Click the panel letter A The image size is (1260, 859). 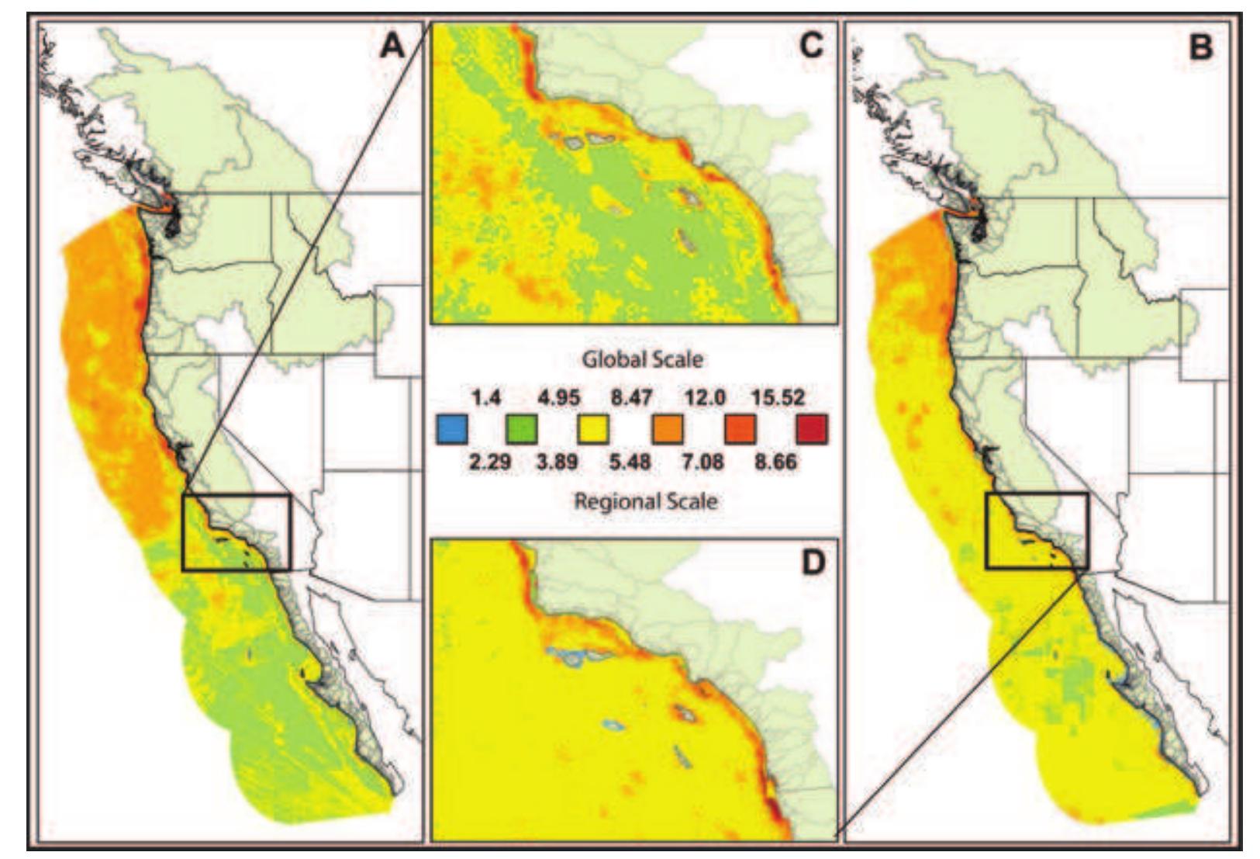click(x=392, y=47)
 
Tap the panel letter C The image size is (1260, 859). click(x=810, y=47)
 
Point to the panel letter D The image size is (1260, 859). click(x=811, y=563)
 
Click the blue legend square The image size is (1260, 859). click(x=451, y=429)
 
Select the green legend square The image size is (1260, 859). click(x=522, y=429)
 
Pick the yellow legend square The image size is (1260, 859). click(x=593, y=429)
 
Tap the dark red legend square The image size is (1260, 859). click(x=811, y=429)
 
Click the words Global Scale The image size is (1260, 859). click(x=643, y=360)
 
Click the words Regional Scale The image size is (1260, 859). click(x=645, y=501)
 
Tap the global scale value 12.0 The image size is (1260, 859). click(x=704, y=398)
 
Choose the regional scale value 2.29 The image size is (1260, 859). click(x=489, y=462)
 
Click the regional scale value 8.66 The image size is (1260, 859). click(x=775, y=462)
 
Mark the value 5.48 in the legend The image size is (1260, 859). click(x=630, y=462)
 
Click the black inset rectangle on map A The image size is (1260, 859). click(x=236, y=532)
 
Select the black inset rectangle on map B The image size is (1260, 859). click(x=1037, y=531)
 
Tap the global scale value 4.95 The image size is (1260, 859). click(x=558, y=398)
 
